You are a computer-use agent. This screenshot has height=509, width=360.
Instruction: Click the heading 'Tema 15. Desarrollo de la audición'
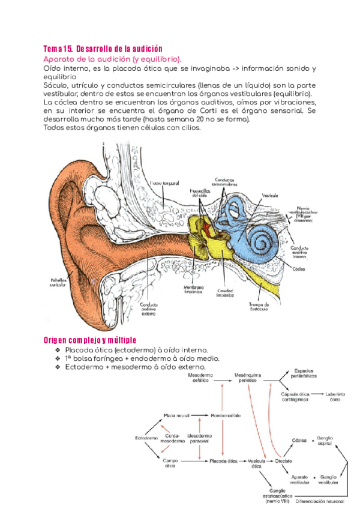[103, 48]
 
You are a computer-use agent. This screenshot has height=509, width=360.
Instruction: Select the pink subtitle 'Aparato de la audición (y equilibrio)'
[112, 59]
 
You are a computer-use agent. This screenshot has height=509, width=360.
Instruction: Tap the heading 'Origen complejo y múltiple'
[91, 339]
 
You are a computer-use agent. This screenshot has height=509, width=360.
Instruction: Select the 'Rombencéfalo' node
[226, 415]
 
